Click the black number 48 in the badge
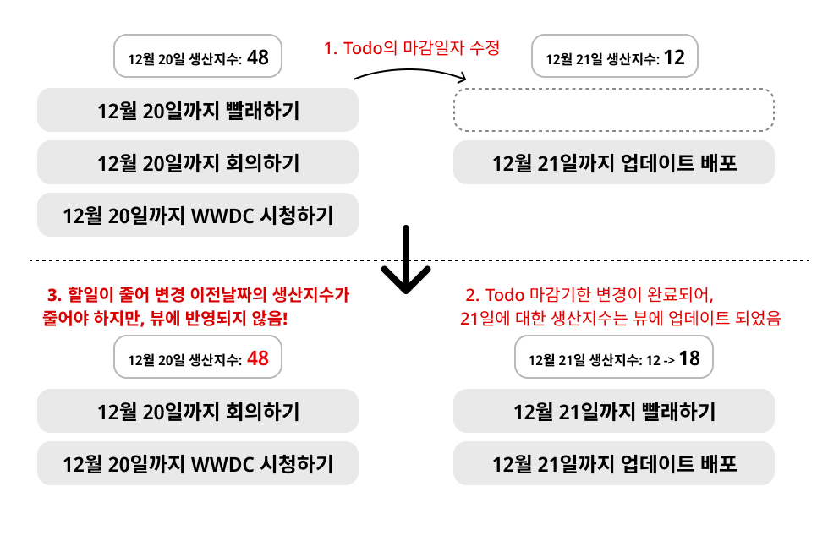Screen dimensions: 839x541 258,57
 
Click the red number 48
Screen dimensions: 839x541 258,358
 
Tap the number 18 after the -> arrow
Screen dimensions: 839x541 689,358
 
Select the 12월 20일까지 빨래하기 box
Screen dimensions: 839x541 198,111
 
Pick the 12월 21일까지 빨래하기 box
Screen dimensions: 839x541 614,412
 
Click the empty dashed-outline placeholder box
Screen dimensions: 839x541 614,110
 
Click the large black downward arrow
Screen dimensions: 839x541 407,260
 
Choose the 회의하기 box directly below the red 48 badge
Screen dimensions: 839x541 198,412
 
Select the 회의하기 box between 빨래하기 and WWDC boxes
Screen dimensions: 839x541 198,162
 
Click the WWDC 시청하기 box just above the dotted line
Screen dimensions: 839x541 198,216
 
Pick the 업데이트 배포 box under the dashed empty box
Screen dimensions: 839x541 614,162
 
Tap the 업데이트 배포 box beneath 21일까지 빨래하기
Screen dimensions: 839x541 614,464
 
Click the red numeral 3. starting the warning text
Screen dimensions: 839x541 54,295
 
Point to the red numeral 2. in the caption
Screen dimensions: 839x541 472,295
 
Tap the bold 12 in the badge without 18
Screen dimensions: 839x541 674,57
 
